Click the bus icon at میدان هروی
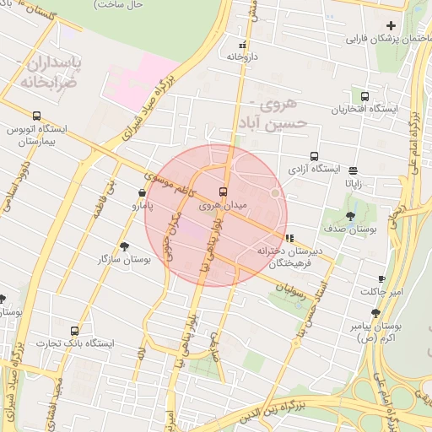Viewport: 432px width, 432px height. coord(223,192)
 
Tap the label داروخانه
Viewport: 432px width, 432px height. coord(241,56)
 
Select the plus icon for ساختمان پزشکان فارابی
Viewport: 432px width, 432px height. coord(391,25)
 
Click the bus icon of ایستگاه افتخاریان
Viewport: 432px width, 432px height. coord(365,96)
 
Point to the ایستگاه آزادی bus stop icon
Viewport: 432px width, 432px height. coord(314,156)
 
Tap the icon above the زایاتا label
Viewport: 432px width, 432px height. coord(352,169)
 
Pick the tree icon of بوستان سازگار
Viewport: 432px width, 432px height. coord(125,246)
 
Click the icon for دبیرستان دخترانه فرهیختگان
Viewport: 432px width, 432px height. coord(290,238)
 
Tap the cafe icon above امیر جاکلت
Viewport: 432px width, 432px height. coord(381,278)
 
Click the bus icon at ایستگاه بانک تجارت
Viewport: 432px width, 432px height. coord(75,331)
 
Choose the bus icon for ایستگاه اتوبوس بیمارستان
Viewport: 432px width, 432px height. coord(36,116)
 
